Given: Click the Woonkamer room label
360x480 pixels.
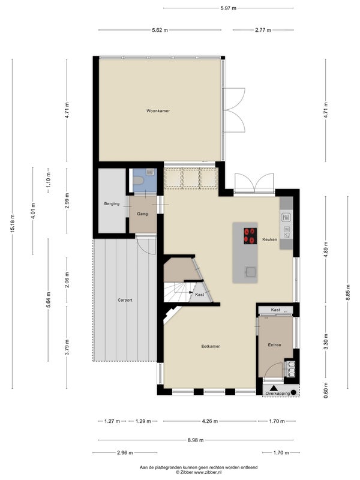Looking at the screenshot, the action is pyautogui.click(x=158, y=111).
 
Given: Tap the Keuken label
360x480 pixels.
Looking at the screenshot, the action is pyautogui.click(x=269, y=239).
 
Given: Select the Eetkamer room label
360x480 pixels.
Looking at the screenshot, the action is pyautogui.click(x=211, y=347).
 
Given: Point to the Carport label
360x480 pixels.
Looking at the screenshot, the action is pyautogui.click(x=125, y=300).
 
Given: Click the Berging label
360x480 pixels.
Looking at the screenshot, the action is pyautogui.click(x=112, y=203).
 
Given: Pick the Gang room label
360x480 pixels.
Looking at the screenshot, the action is pyautogui.click(x=142, y=214).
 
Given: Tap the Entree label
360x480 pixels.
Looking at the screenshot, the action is pyautogui.click(x=274, y=344).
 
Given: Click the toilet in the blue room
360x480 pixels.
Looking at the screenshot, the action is pyautogui.click(x=138, y=181).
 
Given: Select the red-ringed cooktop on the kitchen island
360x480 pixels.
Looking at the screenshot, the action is pyautogui.click(x=250, y=236).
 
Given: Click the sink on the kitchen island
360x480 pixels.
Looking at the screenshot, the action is pyautogui.click(x=251, y=272).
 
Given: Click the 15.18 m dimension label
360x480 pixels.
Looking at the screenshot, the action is pyautogui.click(x=12, y=224).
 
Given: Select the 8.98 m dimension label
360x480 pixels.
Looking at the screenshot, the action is pyautogui.click(x=196, y=440).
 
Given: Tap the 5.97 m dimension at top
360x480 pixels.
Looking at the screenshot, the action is pyautogui.click(x=229, y=8).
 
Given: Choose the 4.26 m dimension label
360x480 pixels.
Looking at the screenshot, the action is pyautogui.click(x=209, y=421).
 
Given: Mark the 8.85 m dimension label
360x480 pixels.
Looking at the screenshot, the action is pyautogui.click(x=348, y=293).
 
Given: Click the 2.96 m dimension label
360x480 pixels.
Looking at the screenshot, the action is pyautogui.click(x=125, y=453).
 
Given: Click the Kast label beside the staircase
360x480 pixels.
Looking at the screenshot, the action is pyautogui.click(x=200, y=295).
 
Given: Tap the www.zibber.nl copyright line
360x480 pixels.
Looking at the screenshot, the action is pyautogui.click(x=199, y=472).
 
